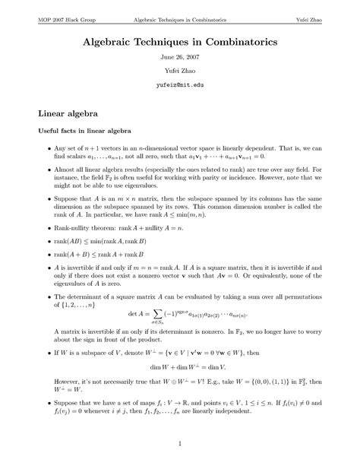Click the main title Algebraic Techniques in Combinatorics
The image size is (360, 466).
pos(180,38)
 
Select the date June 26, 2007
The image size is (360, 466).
pos(180,58)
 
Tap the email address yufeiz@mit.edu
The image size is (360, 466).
pos(180,86)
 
